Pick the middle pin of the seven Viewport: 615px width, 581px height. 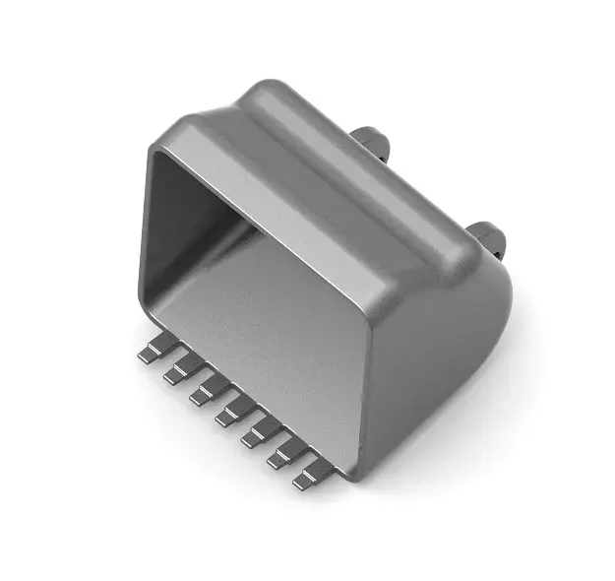click(x=229, y=411)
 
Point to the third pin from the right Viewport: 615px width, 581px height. click(x=256, y=431)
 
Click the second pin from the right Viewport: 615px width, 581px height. click(x=281, y=452)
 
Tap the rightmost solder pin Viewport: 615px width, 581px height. click(x=308, y=474)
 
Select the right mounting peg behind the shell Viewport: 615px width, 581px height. click(x=486, y=237)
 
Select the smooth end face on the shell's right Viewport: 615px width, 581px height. click(x=443, y=364)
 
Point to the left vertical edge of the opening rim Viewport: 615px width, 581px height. click(x=148, y=236)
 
